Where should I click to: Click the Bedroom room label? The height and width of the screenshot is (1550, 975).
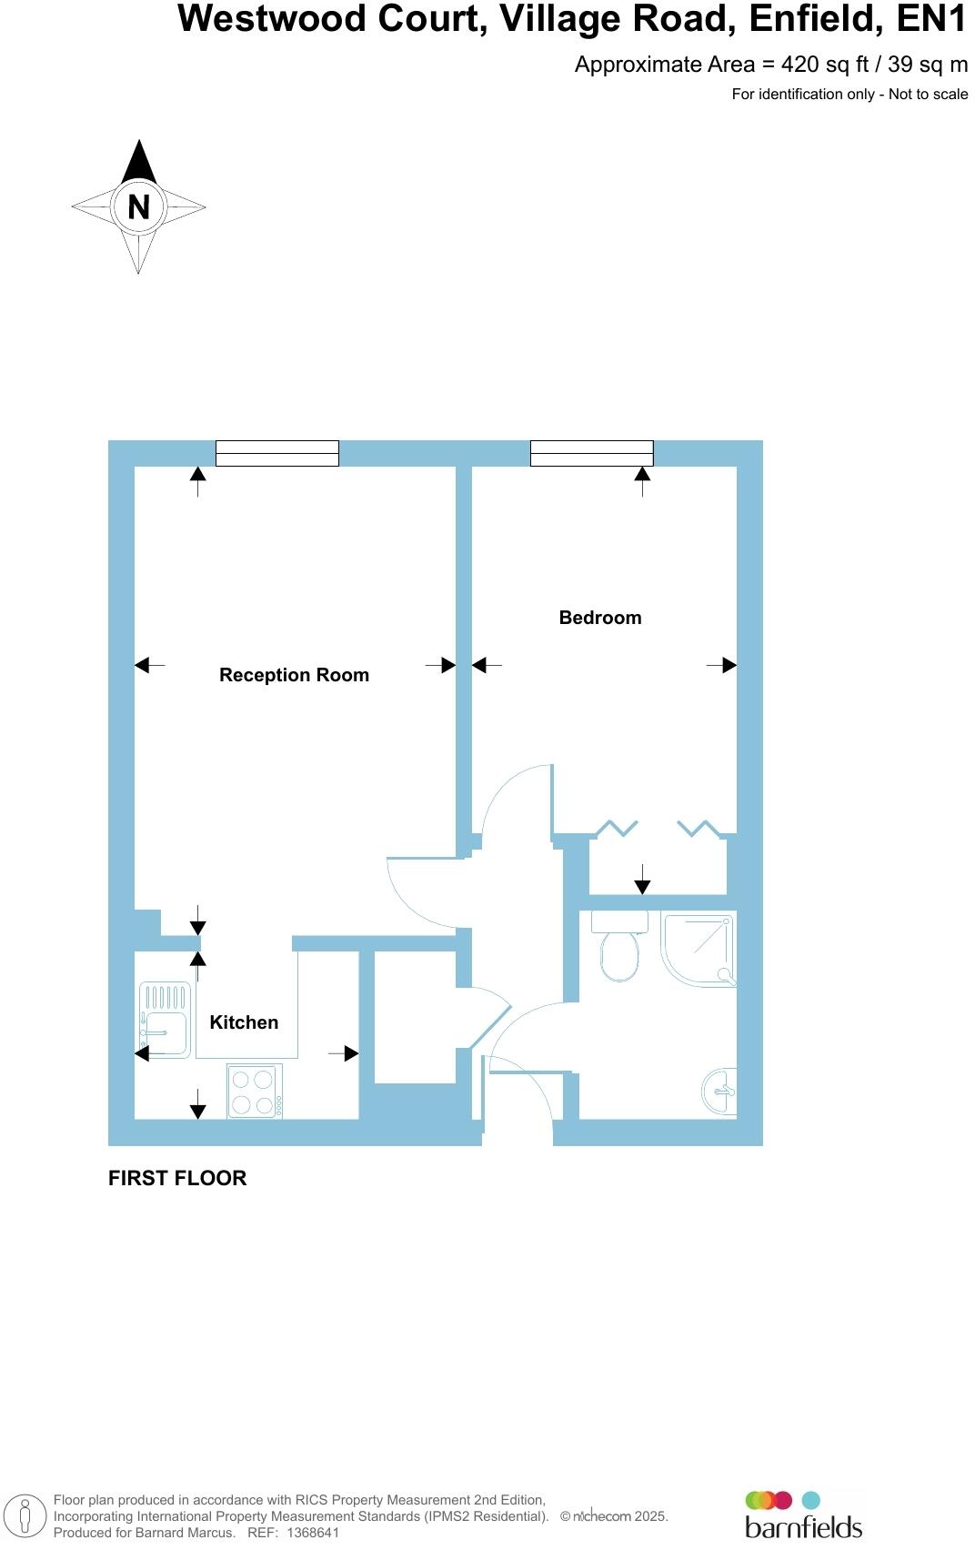pos(599,618)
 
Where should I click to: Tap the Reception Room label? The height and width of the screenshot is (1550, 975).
pos(294,675)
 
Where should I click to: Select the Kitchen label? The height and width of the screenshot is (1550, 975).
pos(244,1022)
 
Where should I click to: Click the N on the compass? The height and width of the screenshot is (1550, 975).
pos(138,207)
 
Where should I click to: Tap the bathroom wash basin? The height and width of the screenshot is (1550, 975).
pos(719,1089)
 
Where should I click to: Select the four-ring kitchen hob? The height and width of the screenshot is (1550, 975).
pos(254,1092)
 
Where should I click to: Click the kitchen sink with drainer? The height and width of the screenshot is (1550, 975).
pos(165,1021)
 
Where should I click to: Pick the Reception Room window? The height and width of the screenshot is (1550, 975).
pos(276,453)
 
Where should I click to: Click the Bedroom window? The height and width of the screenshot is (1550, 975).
pos(591,453)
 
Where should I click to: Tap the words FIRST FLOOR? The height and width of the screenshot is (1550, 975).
pos(177,1178)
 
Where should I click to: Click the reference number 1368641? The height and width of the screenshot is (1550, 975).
pos(312,1533)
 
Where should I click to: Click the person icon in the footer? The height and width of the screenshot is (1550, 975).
pos(25,1516)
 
